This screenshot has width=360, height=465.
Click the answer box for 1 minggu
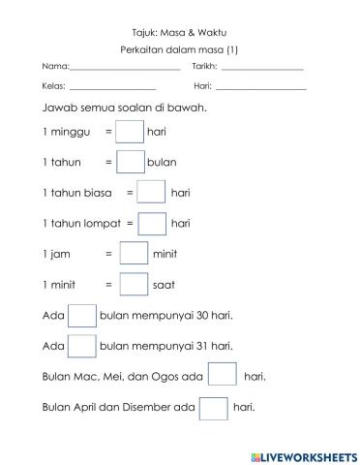[129, 130]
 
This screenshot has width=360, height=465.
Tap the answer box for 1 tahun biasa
[151, 192]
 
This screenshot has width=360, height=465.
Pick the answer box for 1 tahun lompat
[152, 223]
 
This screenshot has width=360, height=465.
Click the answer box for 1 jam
[134, 254]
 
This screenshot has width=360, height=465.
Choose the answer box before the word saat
[134, 285]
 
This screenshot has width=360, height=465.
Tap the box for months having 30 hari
[82, 316]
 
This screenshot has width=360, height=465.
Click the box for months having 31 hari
[82, 346]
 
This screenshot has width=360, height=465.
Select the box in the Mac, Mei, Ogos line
[223, 376]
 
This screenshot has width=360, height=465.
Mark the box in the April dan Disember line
[213, 407]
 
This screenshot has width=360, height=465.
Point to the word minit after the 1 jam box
[165, 254]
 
